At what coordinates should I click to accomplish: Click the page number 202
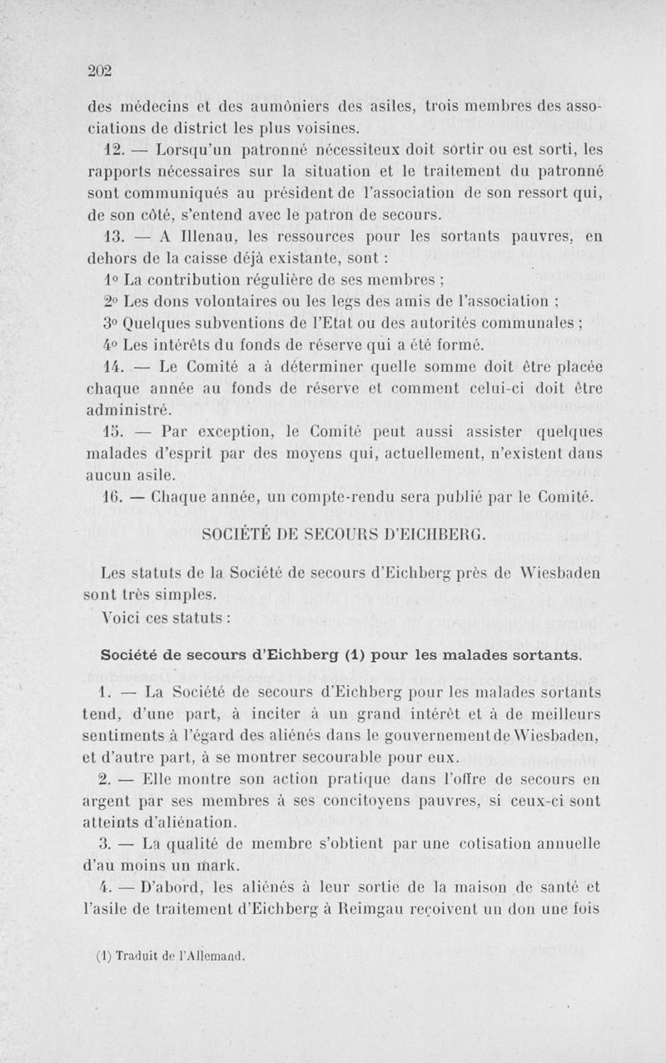(100, 70)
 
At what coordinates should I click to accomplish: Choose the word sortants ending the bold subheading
(550, 655)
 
